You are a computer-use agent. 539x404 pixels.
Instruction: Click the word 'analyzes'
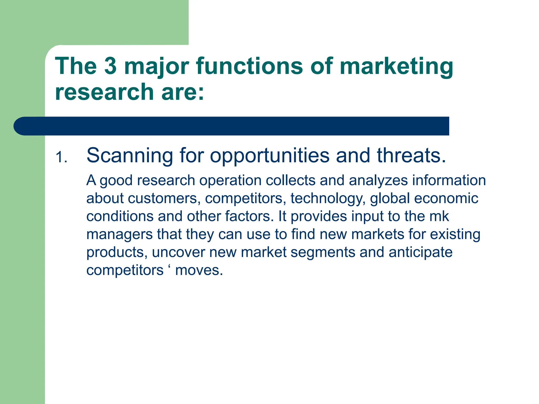[x=378, y=181]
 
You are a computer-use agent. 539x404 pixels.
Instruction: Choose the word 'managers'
[x=119, y=235]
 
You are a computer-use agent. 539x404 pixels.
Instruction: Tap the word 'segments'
[x=323, y=252]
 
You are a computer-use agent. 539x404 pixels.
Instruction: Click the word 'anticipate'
[x=420, y=252]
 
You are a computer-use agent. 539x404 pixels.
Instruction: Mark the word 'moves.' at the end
[x=199, y=270]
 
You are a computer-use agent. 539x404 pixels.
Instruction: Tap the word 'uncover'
[x=178, y=252]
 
